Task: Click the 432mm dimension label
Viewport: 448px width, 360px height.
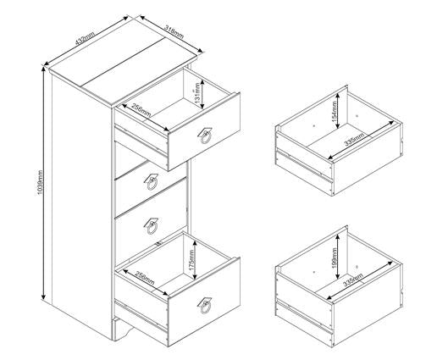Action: point(83,39)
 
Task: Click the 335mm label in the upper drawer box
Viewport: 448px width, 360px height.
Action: point(353,143)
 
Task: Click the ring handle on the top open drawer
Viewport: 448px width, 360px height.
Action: point(205,138)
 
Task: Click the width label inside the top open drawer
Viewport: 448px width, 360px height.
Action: point(141,111)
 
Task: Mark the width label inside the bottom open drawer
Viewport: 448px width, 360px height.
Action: point(137,277)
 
